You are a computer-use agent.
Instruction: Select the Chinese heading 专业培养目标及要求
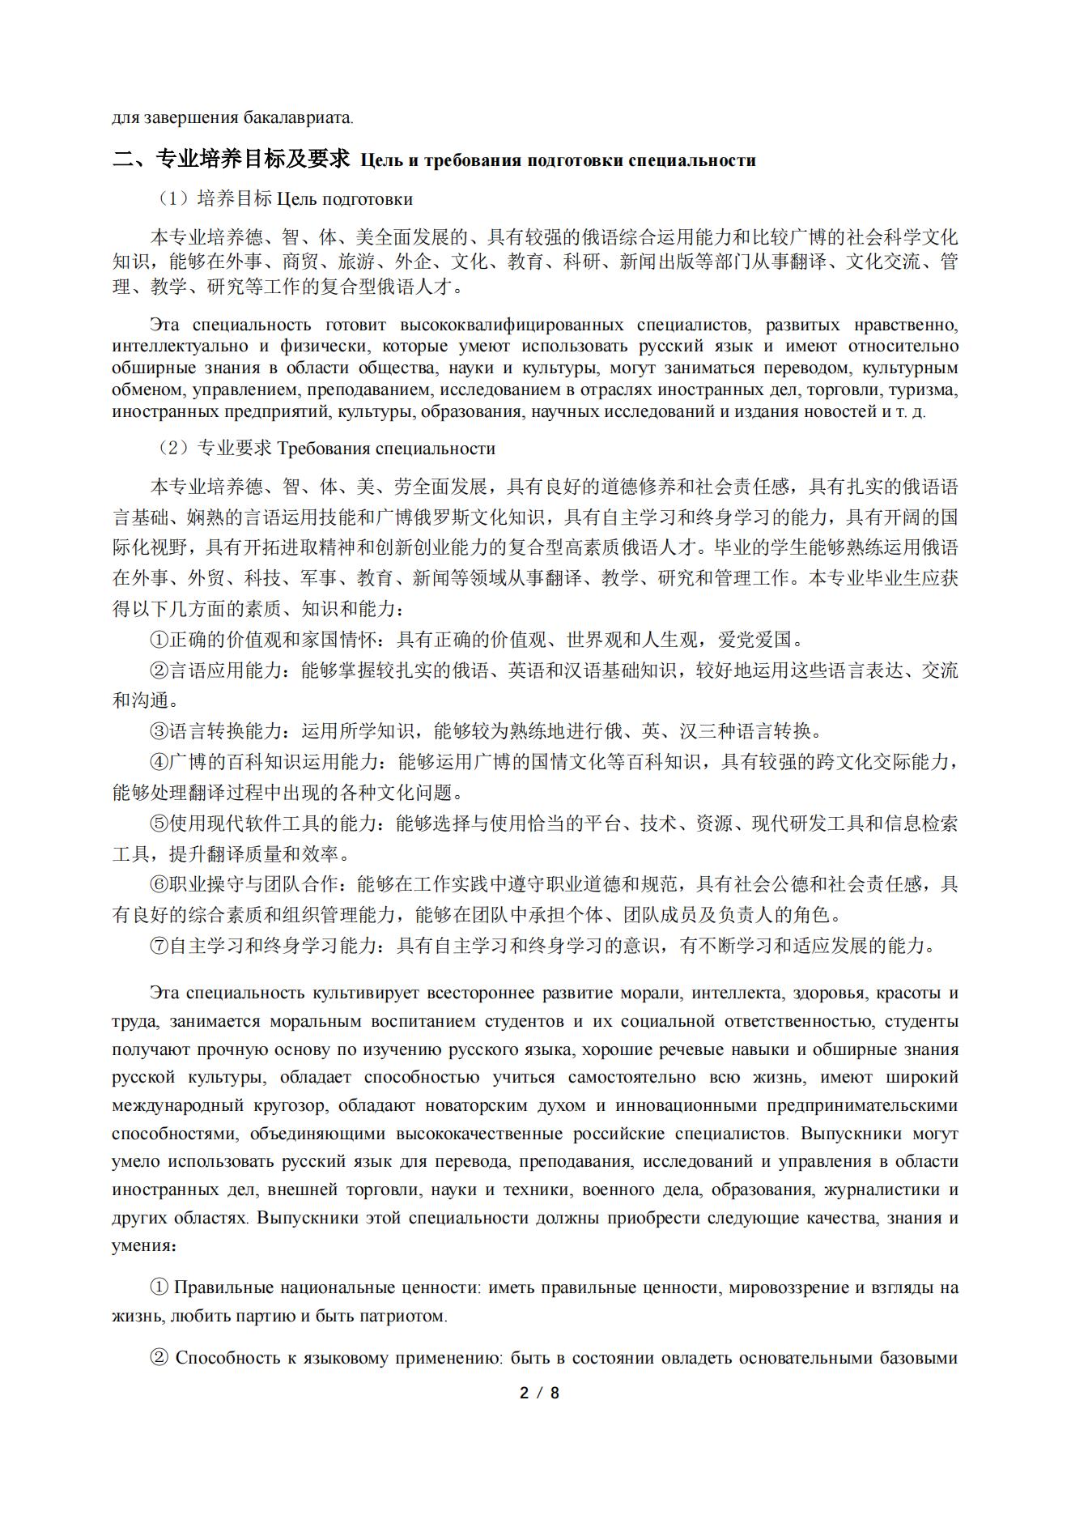pyautogui.click(x=252, y=159)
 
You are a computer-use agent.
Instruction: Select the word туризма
pyautogui.click(x=925, y=389)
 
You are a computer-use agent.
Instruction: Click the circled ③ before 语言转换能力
pyautogui.click(x=159, y=731)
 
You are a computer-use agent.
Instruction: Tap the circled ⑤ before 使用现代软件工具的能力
pyautogui.click(x=159, y=823)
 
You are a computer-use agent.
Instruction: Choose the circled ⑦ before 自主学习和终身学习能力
pyautogui.click(x=159, y=946)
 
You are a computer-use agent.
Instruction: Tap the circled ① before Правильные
pyautogui.click(x=159, y=1287)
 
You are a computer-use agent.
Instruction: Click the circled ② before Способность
pyautogui.click(x=159, y=1358)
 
